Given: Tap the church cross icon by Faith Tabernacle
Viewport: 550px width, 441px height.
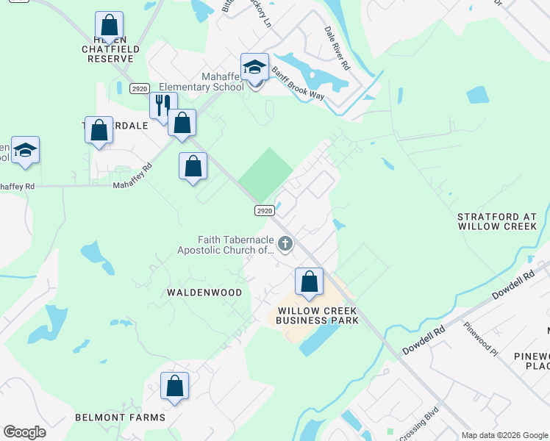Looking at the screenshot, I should tap(285, 243).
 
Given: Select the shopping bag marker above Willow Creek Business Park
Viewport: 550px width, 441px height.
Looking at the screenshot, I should tap(310, 282).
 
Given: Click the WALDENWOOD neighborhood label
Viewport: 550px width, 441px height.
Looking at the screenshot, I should tap(204, 293).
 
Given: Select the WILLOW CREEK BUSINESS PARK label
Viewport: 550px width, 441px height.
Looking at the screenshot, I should tap(318, 315).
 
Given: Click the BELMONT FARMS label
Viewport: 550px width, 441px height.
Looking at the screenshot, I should tap(120, 417).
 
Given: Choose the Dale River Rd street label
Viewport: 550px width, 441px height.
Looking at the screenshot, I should tap(337, 49).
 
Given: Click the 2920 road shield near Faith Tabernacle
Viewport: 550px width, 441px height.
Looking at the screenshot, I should tap(265, 210).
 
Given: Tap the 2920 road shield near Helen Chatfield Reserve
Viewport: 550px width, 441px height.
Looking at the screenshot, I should tap(139, 88).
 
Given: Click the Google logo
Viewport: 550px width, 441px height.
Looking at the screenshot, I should tap(24, 432).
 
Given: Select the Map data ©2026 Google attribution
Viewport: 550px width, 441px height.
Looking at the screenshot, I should tap(504, 435).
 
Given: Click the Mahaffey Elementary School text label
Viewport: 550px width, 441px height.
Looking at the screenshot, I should tap(223, 82).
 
